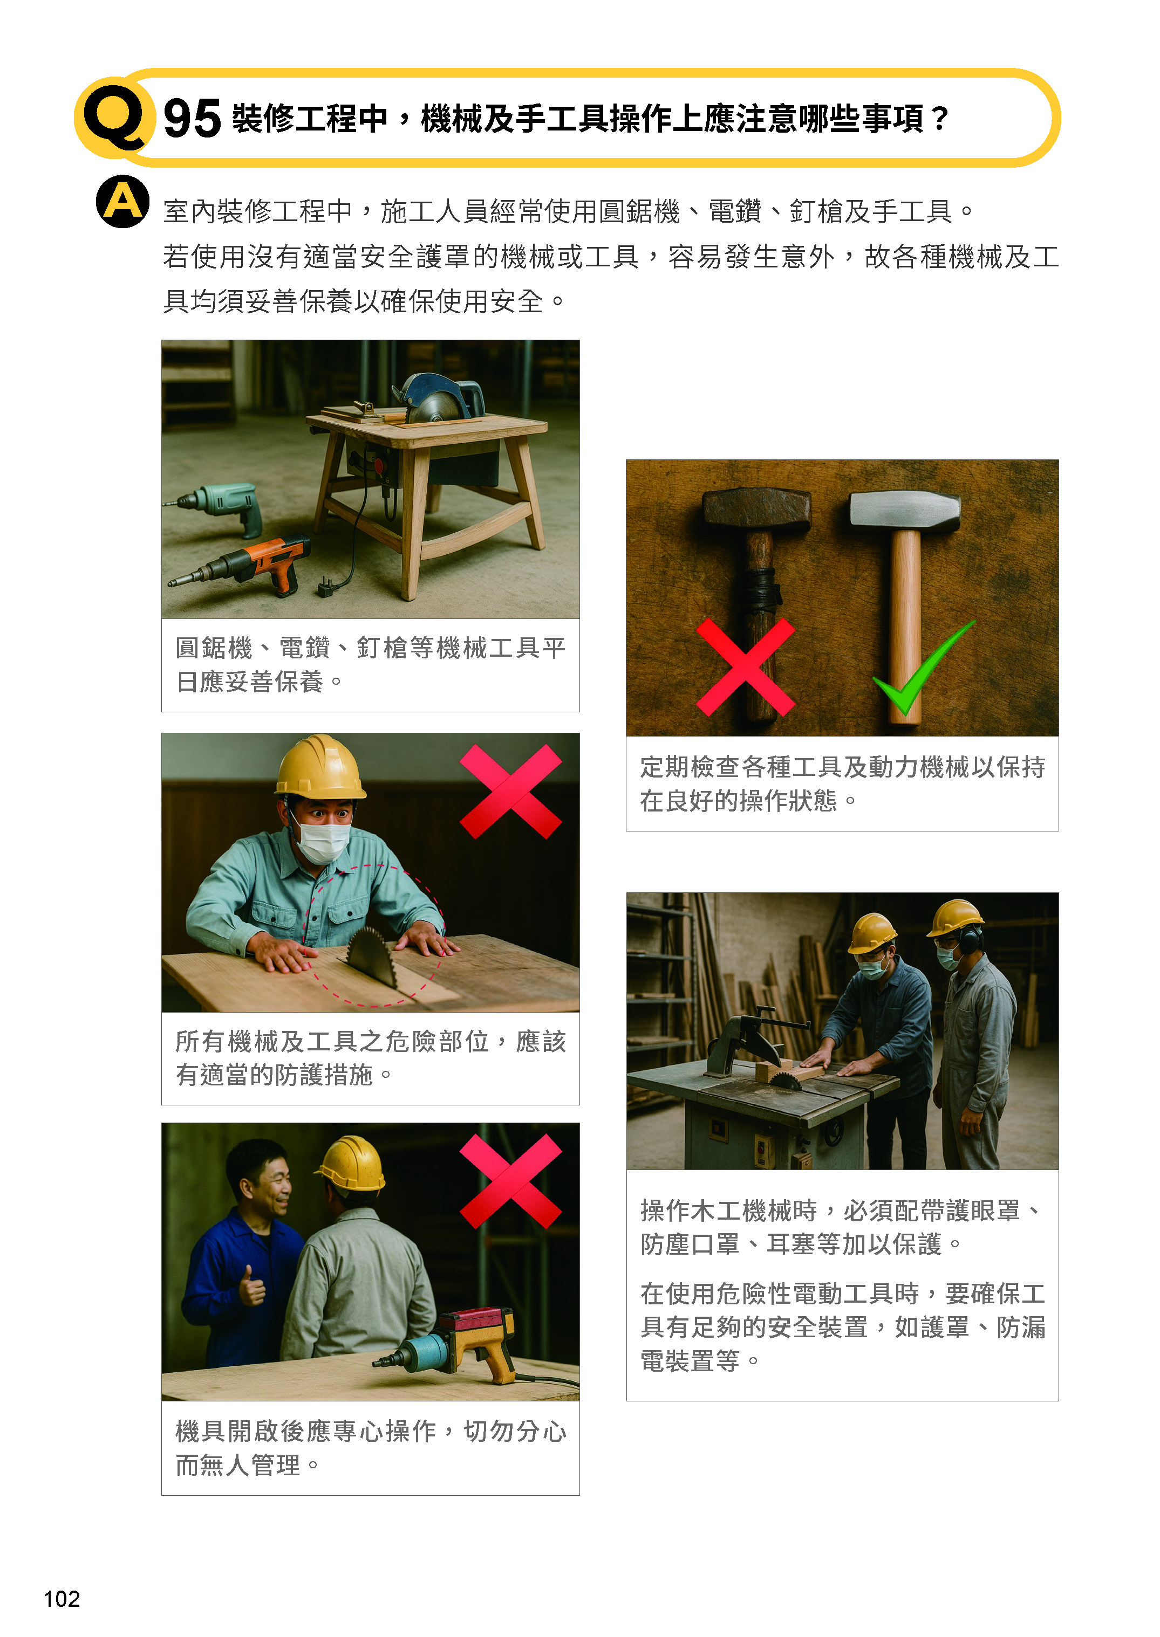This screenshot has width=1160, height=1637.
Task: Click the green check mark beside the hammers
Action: click(922, 668)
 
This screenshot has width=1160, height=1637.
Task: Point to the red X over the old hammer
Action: click(745, 667)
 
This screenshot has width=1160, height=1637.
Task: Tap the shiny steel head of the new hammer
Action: click(904, 511)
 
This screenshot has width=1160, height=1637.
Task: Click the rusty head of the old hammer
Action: click(757, 510)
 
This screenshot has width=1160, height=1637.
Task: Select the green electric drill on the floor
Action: click(214, 506)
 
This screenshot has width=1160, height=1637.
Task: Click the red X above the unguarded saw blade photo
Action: click(511, 792)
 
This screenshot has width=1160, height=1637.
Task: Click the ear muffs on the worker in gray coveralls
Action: click(970, 939)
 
